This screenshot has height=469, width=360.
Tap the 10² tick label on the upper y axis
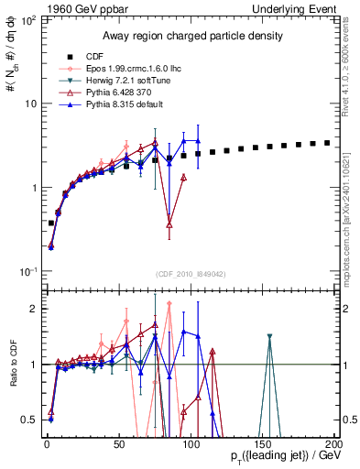coord(26,19)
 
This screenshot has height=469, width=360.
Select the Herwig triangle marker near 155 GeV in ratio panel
coord(269,337)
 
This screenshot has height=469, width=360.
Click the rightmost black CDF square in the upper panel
coord(327,143)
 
